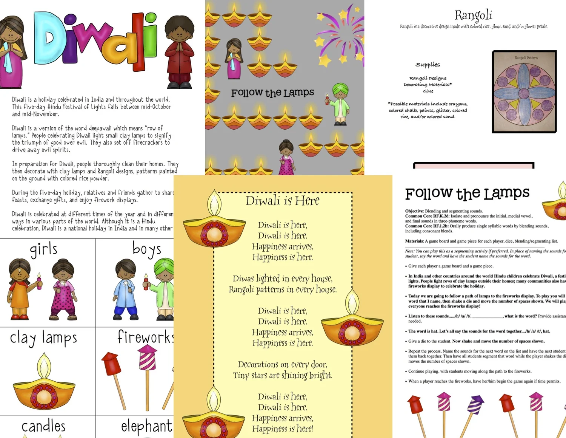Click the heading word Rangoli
pos(473,15)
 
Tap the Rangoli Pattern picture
pos(524,91)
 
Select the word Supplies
pos(428,65)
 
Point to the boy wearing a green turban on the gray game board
pos(340,104)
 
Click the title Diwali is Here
pos(282,201)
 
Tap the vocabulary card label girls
pos(44,249)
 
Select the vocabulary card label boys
pos(147,249)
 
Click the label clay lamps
pos(43,338)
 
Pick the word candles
pos(43,426)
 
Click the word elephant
pos(146,426)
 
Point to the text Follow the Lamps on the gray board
pos(272,93)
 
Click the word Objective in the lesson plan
pos(414,211)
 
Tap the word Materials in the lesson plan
pos(414,241)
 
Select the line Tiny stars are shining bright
pos(283,375)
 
